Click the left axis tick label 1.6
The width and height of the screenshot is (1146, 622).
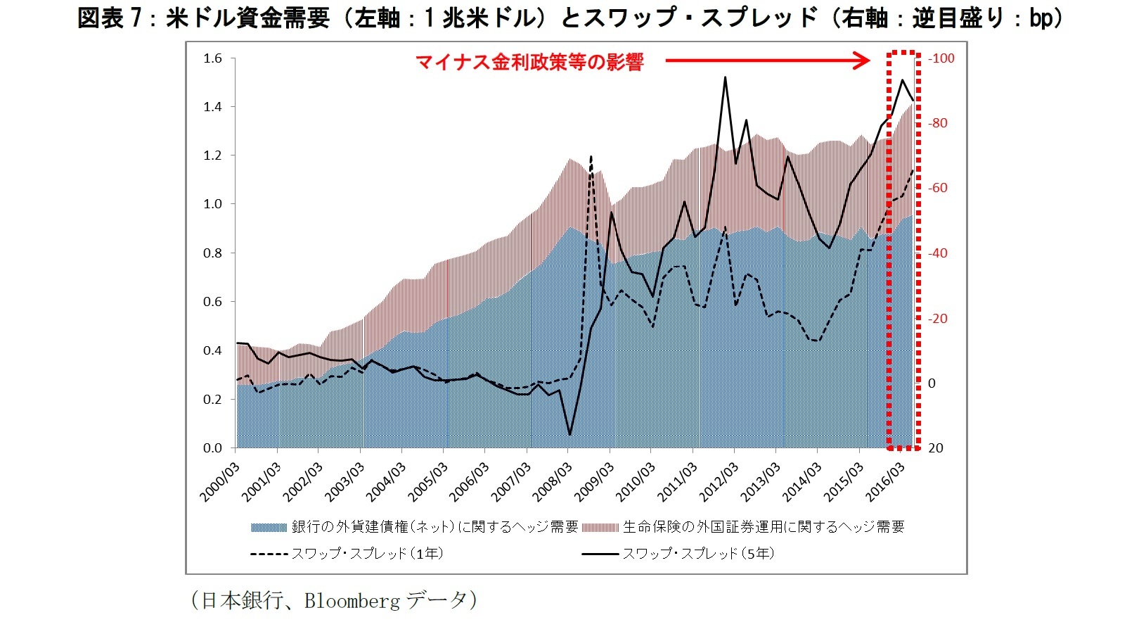tap(212, 58)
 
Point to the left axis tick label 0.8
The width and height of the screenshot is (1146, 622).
tap(212, 253)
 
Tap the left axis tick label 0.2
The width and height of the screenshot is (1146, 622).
tap(212, 399)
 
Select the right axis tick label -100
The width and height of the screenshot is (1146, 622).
tap(941, 58)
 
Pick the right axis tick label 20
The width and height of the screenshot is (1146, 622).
tap(936, 448)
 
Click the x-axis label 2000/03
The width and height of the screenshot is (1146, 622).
tap(219, 482)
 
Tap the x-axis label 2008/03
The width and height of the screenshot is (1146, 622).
tap(552, 482)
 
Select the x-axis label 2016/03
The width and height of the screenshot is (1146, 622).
tap(884, 482)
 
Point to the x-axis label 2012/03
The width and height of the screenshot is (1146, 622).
tap(718, 482)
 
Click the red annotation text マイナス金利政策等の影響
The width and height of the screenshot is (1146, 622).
tap(529, 62)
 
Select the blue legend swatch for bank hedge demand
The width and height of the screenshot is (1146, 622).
tap(269, 527)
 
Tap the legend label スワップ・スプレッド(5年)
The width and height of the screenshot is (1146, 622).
tap(697, 554)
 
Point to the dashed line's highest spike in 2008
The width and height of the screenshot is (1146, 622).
tap(591, 156)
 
